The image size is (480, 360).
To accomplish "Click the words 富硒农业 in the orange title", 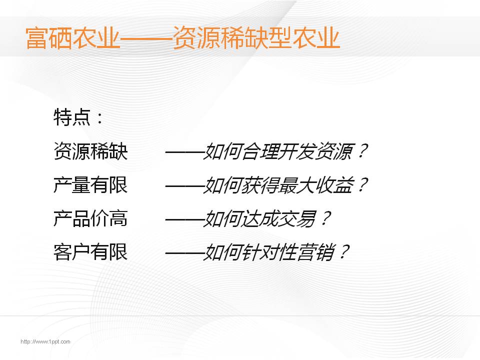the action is point(72,38).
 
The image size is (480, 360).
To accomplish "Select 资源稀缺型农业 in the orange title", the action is point(256,38).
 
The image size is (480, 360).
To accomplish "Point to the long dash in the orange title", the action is point(146,39).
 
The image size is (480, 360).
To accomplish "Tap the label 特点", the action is point(72,117).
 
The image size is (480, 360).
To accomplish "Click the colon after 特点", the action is point(99,118).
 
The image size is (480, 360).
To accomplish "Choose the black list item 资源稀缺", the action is point(90,151).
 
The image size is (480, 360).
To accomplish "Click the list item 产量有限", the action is point(90,184).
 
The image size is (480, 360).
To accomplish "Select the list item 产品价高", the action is point(90,218).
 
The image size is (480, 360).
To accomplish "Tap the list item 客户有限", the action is point(90,252).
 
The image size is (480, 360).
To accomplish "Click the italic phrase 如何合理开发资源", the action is point(278,151).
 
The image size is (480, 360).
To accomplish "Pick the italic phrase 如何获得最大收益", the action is point(278,185).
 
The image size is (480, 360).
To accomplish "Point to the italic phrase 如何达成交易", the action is point(259,218).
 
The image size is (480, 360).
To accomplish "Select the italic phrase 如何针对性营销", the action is point(269,252).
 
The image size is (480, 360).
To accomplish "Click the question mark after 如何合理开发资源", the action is point(362,151).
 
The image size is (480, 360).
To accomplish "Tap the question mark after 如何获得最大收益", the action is point(362,184).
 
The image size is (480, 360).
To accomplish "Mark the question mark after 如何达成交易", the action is point(325,218).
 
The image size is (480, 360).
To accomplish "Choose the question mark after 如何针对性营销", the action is point(344,252).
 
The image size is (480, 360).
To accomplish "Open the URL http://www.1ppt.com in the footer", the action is point(45,341).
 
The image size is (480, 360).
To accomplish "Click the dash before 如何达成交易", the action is point(184,219).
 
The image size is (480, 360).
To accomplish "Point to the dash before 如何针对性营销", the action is point(184,253).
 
